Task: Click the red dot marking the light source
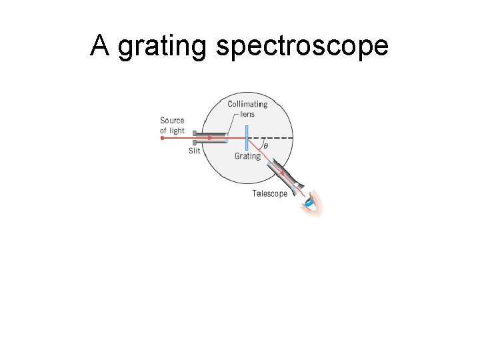pos(162,138)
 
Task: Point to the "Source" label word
pos(172,121)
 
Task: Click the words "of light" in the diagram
pos(172,131)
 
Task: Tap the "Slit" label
pos(194,151)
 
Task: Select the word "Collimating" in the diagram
pos(247,104)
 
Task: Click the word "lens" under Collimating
pos(247,114)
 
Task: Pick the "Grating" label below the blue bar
pos(247,156)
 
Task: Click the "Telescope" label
pos(269,193)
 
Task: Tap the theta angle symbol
pos(266,146)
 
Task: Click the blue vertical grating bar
pos(246,138)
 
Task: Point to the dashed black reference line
pos(273,138)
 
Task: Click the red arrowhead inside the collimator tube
pos(211,138)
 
